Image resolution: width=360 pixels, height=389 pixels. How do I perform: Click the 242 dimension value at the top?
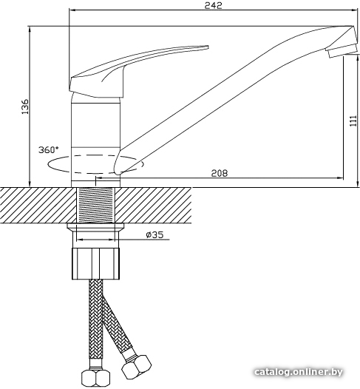(213, 5)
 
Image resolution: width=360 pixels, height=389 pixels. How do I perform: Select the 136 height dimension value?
(25, 106)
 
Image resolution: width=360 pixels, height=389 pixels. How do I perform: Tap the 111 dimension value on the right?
(353, 121)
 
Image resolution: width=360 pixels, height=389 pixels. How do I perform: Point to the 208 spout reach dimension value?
(219, 173)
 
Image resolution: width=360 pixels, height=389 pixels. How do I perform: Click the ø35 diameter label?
(154, 234)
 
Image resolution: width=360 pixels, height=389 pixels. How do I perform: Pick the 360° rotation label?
(49, 150)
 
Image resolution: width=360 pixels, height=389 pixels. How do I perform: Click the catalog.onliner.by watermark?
(298, 372)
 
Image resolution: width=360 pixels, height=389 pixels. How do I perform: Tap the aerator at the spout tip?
(342, 50)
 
